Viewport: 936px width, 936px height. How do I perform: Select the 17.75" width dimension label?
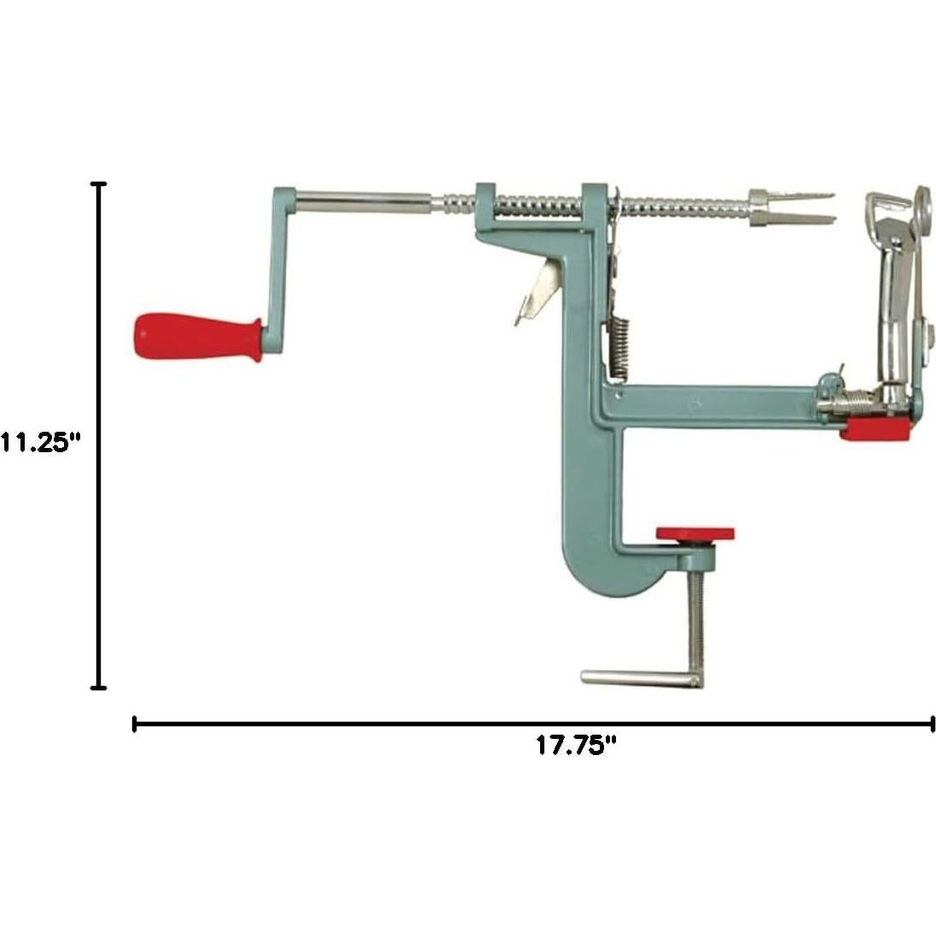click(576, 745)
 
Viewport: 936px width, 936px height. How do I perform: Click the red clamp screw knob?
click(695, 534)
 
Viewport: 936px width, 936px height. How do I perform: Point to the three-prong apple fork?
click(789, 207)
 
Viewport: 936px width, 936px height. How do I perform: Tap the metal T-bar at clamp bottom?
click(640, 679)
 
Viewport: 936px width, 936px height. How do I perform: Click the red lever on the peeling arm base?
click(875, 429)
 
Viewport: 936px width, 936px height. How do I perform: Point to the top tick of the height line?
click(100, 184)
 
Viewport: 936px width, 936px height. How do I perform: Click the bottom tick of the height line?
click(100, 686)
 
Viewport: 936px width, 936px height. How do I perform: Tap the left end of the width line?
click(135, 724)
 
